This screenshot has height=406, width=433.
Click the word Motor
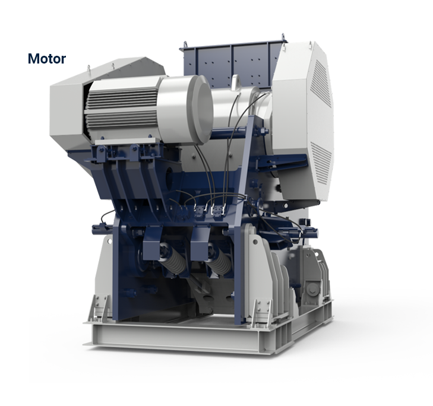click(x=46, y=59)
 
